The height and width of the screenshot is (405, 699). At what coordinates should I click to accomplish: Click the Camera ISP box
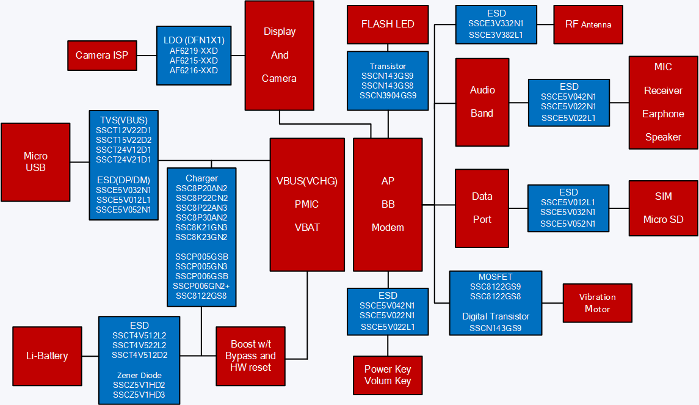click(102, 56)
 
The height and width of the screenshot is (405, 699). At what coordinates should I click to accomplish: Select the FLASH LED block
click(388, 24)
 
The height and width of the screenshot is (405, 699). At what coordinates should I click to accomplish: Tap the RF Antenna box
click(588, 24)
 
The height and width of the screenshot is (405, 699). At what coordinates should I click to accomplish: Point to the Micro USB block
click(35, 162)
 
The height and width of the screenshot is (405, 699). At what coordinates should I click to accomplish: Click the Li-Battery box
click(47, 356)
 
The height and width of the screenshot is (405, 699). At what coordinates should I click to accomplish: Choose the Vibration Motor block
click(597, 303)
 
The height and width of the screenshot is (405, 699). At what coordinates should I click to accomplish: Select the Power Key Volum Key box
click(388, 375)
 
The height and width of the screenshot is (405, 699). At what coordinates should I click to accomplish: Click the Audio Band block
click(482, 101)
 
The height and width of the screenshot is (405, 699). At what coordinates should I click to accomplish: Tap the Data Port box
click(482, 208)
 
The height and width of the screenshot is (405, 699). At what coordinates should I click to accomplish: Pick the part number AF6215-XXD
click(194, 60)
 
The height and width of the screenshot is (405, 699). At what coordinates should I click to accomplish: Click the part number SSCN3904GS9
click(388, 95)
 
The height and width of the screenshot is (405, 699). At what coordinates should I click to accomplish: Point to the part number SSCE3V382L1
click(496, 35)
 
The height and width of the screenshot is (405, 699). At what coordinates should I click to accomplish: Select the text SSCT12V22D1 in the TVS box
click(124, 130)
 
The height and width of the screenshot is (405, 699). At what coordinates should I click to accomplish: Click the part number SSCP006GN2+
click(201, 286)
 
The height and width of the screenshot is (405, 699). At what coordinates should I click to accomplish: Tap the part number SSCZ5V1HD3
click(139, 395)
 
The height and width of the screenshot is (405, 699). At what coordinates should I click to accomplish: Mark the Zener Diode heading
click(139, 375)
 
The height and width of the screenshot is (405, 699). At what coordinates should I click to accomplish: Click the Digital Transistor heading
click(495, 316)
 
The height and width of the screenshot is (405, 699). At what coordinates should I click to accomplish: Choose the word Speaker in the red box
click(663, 137)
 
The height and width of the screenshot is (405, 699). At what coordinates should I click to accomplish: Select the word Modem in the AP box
click(388, 227)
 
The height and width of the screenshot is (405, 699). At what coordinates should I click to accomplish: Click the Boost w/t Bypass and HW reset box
click(250, 356)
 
